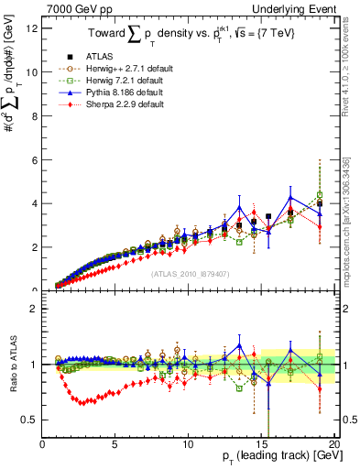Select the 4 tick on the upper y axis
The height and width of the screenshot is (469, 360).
pyautogui.click(x=34, y=203)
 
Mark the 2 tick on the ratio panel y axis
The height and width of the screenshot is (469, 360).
pyautogui.click(x=34, y=309)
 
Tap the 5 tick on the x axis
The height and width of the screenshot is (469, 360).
pyautogui.click(x=115, y=444)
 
